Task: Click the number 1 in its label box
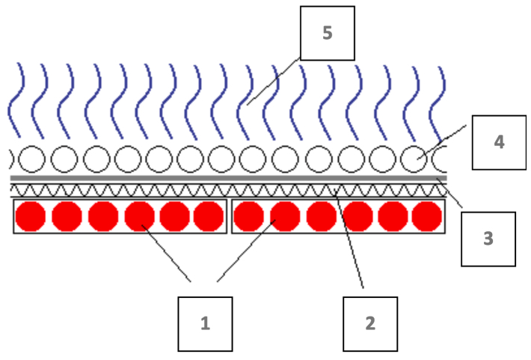205,323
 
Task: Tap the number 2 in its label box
369,323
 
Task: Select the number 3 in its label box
488,239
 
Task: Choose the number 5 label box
327,34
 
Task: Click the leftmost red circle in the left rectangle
31,216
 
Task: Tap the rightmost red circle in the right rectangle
427,216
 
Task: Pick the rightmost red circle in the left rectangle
209,216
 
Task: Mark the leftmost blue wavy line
17,97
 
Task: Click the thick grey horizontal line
224,178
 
